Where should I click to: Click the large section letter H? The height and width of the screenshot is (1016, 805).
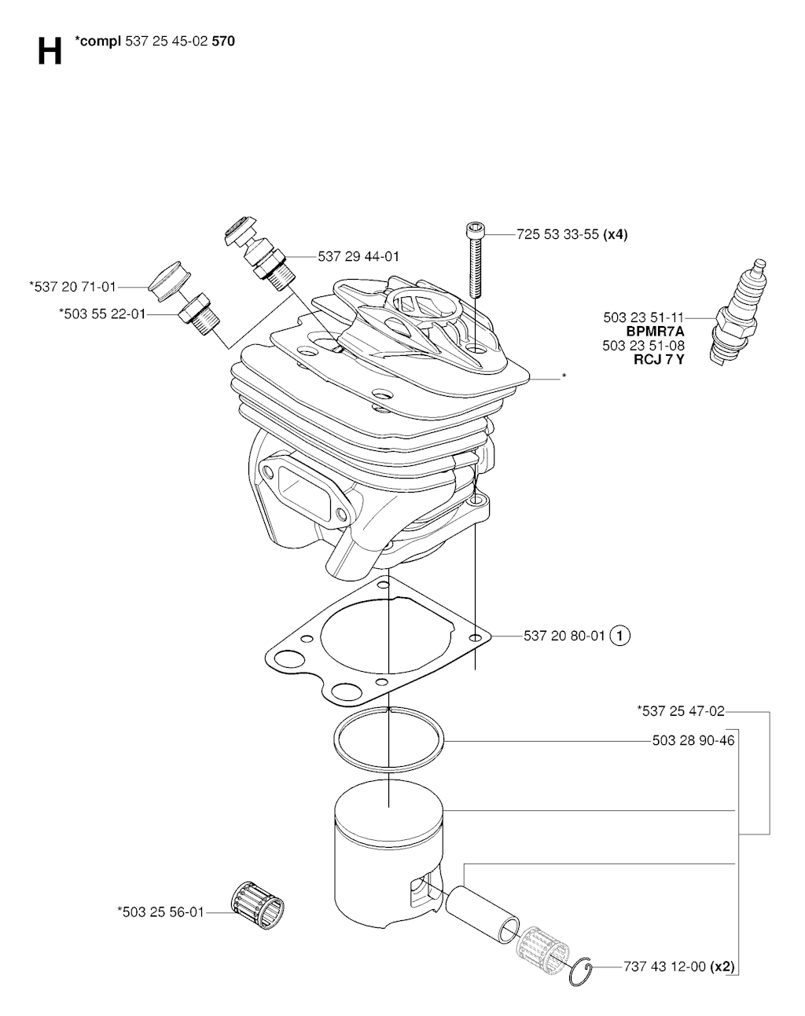(x=50, y=52)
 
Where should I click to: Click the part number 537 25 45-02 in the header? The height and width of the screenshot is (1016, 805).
(x=166, y=42)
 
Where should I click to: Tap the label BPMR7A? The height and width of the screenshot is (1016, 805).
(x=655, y=332)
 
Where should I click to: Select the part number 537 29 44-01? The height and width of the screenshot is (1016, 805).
(x=358, y=256)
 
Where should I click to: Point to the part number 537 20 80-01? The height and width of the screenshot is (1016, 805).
(x=564, y=635)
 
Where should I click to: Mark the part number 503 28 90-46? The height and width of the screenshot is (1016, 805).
(x=693, y=740)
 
